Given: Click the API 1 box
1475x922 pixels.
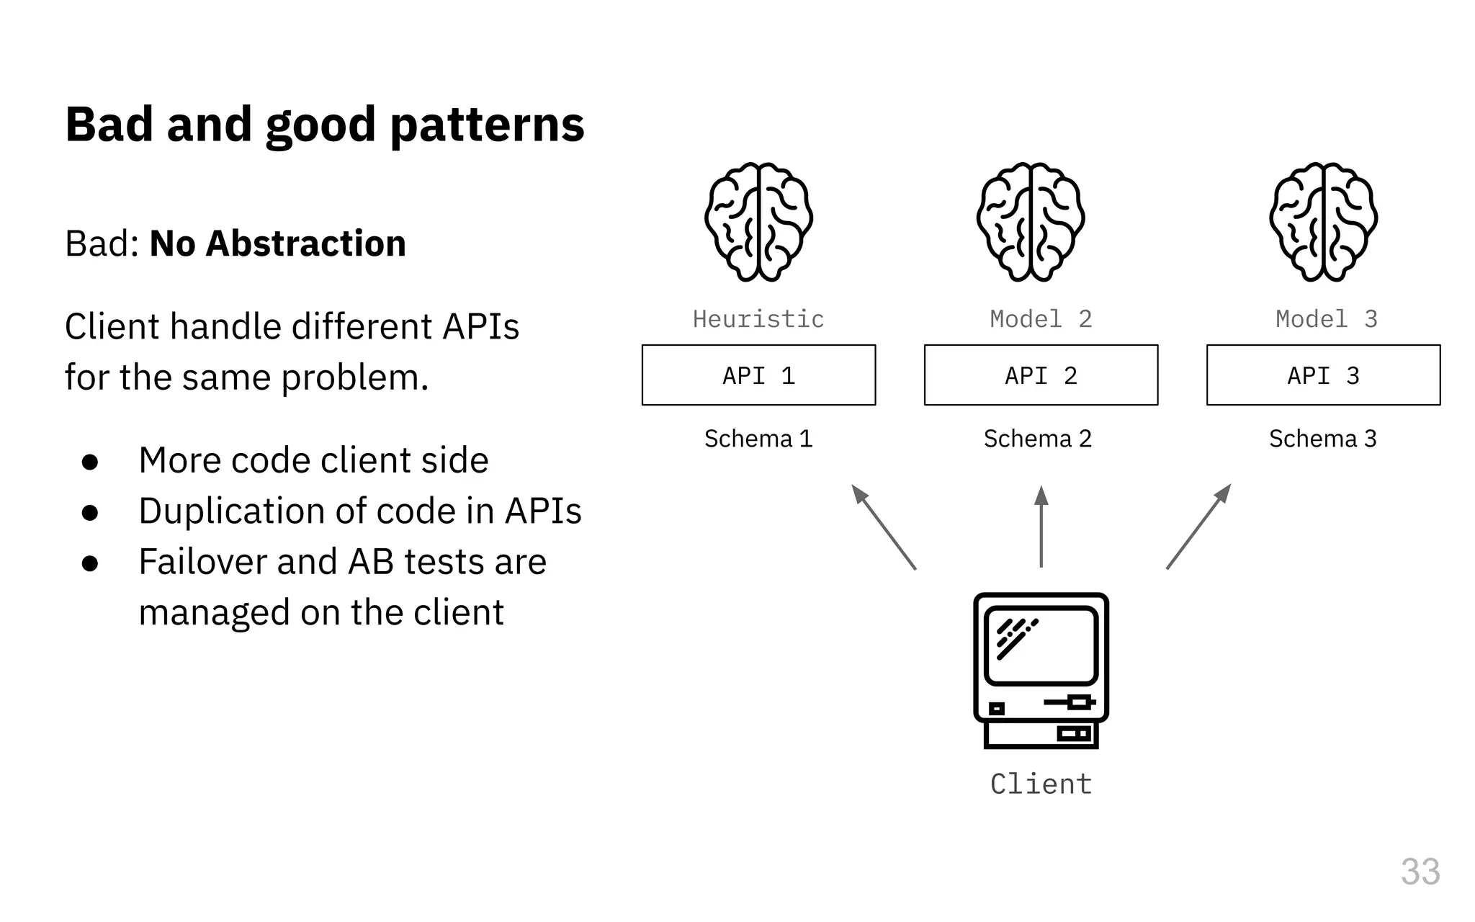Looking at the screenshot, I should (758, 375).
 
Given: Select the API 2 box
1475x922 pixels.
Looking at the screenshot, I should (1041, 375).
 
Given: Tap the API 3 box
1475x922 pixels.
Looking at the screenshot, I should (1323, 375).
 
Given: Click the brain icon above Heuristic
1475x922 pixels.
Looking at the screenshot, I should (758, 222).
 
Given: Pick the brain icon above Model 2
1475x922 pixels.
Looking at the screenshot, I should (1031, 222).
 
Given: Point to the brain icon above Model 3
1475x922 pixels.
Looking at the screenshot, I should (1323, 222).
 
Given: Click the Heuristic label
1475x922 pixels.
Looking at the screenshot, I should (758, 318).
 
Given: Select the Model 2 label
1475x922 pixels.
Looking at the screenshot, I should (1041, 318).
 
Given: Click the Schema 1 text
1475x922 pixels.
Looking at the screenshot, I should (758, 438).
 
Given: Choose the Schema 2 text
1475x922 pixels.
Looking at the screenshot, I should (1038, 438).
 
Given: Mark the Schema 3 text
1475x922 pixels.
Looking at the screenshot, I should (1323, 438).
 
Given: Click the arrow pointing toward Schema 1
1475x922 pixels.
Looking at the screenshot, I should (884, 527).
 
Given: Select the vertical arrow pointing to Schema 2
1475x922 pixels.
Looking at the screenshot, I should (1041, 527).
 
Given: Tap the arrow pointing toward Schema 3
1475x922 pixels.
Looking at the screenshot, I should (1198, 527).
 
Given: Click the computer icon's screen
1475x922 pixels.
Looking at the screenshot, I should (1041, 645).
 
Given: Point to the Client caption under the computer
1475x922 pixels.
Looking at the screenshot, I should (1041, 784).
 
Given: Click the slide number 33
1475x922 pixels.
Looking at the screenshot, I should (1420, 872).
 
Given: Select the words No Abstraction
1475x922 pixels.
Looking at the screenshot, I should (278, 243).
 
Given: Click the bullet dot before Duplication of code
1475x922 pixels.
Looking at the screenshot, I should (90, 512).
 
